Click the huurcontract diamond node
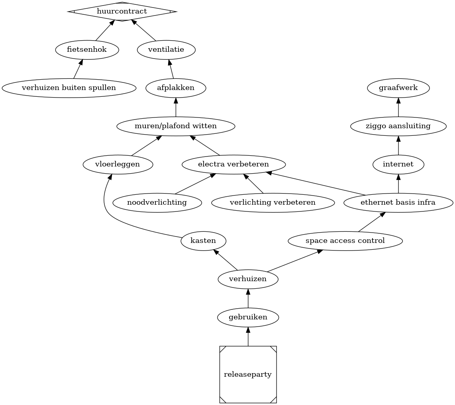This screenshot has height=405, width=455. (122, 12)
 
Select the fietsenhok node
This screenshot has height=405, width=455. (87, 50)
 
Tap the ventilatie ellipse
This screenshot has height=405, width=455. (166, 50)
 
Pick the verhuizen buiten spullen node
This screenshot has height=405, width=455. (69, 88)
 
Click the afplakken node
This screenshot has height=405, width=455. (176, 88)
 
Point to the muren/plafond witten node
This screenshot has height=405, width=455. (176, 126)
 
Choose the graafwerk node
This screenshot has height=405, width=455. (398, 88)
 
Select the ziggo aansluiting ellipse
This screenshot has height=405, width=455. (398, 126)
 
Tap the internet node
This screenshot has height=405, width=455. (398, 164)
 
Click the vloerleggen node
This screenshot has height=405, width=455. (118, 164)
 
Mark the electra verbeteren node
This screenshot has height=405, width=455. (233, 164)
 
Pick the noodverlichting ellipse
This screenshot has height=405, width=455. (157, 202)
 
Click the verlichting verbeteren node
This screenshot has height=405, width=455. (273, 202)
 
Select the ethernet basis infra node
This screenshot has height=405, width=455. (398, 202)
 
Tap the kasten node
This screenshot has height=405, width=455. (203, 241)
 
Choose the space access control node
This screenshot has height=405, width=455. (345, 241)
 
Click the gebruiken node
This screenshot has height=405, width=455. (248, 317)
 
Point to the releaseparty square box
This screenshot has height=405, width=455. (248, 375)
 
